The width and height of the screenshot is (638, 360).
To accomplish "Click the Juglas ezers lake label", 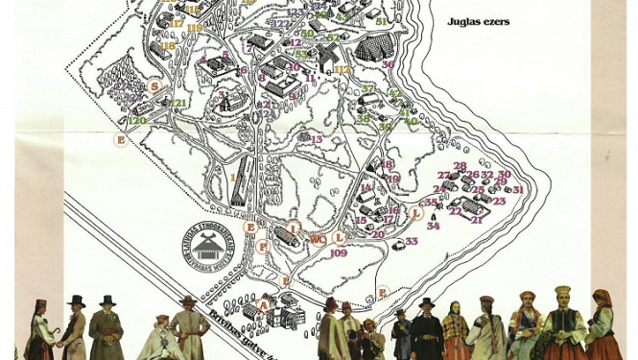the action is click(x=478, y=21).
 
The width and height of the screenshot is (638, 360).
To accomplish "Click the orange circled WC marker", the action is click(x=318, y=240).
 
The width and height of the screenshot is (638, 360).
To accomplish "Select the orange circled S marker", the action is click(x=154, y=86).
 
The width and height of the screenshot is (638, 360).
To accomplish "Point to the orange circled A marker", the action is click(x=264, y=305).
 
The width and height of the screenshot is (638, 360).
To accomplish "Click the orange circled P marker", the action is click(x=263, y=247).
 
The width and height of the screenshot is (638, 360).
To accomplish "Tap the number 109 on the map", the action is click(x=338, y=253).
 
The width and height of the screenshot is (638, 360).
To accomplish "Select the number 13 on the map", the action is click(x=316, y=140).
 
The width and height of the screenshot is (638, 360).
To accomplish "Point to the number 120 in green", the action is click(x=137, y=120).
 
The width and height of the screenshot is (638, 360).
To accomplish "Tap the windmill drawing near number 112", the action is click(x=327, y=56).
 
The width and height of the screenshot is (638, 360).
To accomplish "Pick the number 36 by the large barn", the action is click(x=388, y=65).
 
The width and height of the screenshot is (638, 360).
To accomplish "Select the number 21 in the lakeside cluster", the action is click(x=477, y=220).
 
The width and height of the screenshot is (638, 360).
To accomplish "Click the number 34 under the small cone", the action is click(x=433, y=227).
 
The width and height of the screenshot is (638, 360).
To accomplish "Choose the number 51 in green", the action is click(x=381, y=21).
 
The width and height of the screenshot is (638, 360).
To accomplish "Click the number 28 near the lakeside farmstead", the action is click(x=461, y=166).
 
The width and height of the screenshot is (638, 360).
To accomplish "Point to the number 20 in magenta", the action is click(x=378, y=234).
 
